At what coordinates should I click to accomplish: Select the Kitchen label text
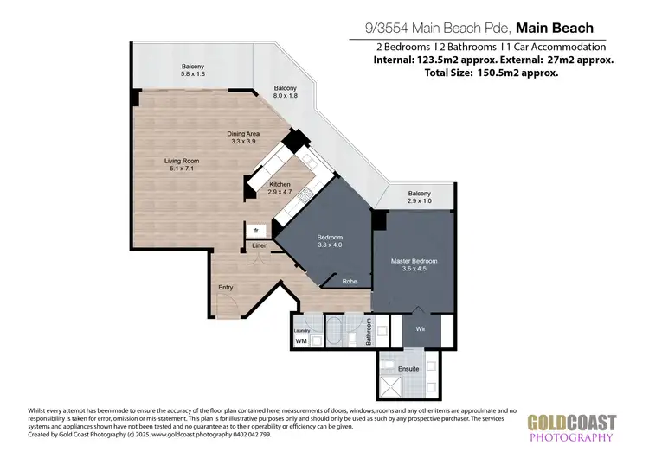pyautogui.click(x=280, y=185)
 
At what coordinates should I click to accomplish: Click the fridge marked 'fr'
pyautogui.click(x=257, y=231)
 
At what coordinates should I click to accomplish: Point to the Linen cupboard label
pyautogui.click(x=260, y=246)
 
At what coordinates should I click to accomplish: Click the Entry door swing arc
pyautogui.click(x=227, y=304)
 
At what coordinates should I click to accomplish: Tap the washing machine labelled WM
pyautogui.click(x=301, y=341)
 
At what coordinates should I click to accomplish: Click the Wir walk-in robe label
pyautogui.click(x=421, y=329)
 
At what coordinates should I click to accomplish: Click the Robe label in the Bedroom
pyautogui.click(x=350, y=281)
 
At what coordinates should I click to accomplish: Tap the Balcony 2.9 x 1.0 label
pyautogui.click(x=419, y=197)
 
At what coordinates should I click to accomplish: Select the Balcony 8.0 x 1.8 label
pyautogui.click(x=286, y=93)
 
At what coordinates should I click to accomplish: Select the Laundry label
pyautogui.click(x=302, y=330)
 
